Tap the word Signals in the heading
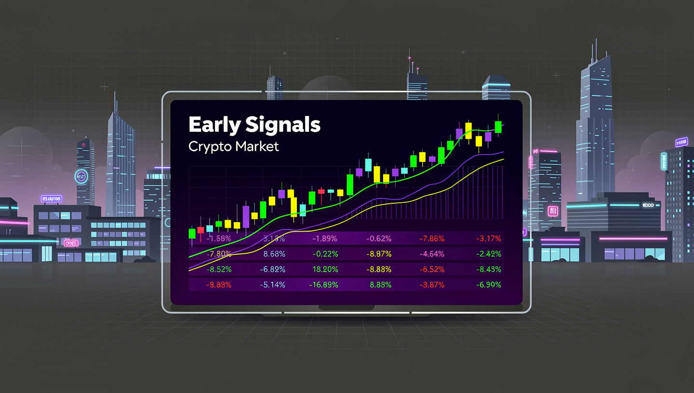coord(283,125)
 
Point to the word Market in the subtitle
coord(257,146)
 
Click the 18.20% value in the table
coord(325,269)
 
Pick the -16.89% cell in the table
coord(323,285)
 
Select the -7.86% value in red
coord(432,238)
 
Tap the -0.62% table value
coord(379,238)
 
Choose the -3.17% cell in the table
coord(488,238)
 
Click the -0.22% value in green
coord(325,254)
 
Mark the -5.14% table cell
coord(272,285)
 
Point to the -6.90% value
coord(488,285)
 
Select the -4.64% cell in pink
coord(432,254)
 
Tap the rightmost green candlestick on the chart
coord(499,127)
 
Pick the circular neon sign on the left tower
coord(80,176)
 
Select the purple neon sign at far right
coord(681,142)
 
